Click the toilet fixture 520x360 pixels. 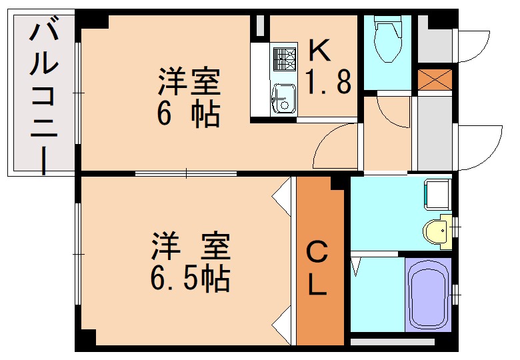pyautogui.click(x=387, y=39)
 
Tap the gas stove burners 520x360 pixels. pyautogui.click(x=285, y=59)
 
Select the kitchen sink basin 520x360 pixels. pyautogui.click(x=283, y=99)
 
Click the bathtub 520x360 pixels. pyautogui.click(x=429, y=295)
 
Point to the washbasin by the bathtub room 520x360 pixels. pyautogui.click(x=437, y=231)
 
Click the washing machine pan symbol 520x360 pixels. pyautogui.click(x=439, y=194)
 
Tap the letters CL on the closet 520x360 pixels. pyautogui.click(x=317, y=268)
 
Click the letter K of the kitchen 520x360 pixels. pyautogui.click(x=319, y=50)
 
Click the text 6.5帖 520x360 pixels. pyautogui.click(x=190, y=279)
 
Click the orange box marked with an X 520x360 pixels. pyautogui.click(x=435, y=80)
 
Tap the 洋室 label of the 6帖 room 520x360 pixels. pyautogui.click(x=189, y=81)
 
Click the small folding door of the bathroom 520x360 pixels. pyautogui.click(x=356, y=264)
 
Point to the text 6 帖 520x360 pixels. pyautogui.click(x=189, y=115)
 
